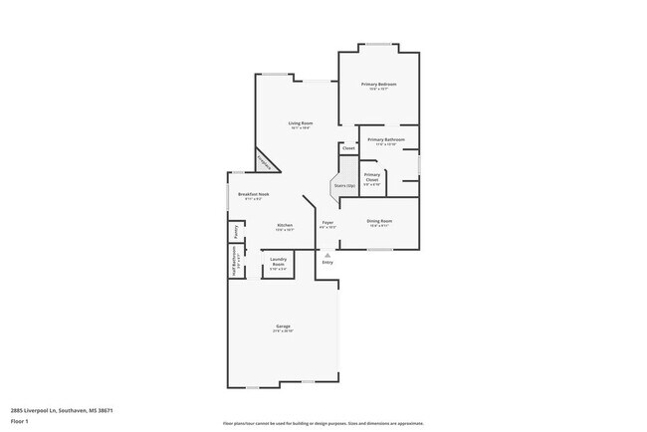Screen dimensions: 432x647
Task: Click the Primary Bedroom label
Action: pyautogui.click(x=378, y=85)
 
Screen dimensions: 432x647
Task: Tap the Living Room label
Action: pyautogui.click(x=287, y=123)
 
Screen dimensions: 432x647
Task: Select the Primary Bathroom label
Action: pyautogui.click(x=386, y=140)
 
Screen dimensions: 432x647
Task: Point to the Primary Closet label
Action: pyautogui.click(x=371, y=177)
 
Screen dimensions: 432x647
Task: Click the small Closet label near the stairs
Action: pyautogui.click(x=347, y=148)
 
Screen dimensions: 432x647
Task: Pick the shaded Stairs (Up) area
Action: pyautogui.click(x=344, y=186)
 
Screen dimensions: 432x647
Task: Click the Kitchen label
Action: pyautogui.click(x=285, y=226)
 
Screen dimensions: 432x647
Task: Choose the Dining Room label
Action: pyautogui.click(x=380, y=221)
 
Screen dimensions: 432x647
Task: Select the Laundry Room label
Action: pyautogui.click(x=278, y=264)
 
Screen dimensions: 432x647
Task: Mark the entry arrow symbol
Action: pyautogui.click(x=326, y=255)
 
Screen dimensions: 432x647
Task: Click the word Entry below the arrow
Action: pyautogui.click(x=326, y=263)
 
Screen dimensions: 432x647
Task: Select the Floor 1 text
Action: pyautogui.click(x=20, y=421)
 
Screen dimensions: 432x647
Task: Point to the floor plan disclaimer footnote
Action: pyautogui.click(x=323, y=422)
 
